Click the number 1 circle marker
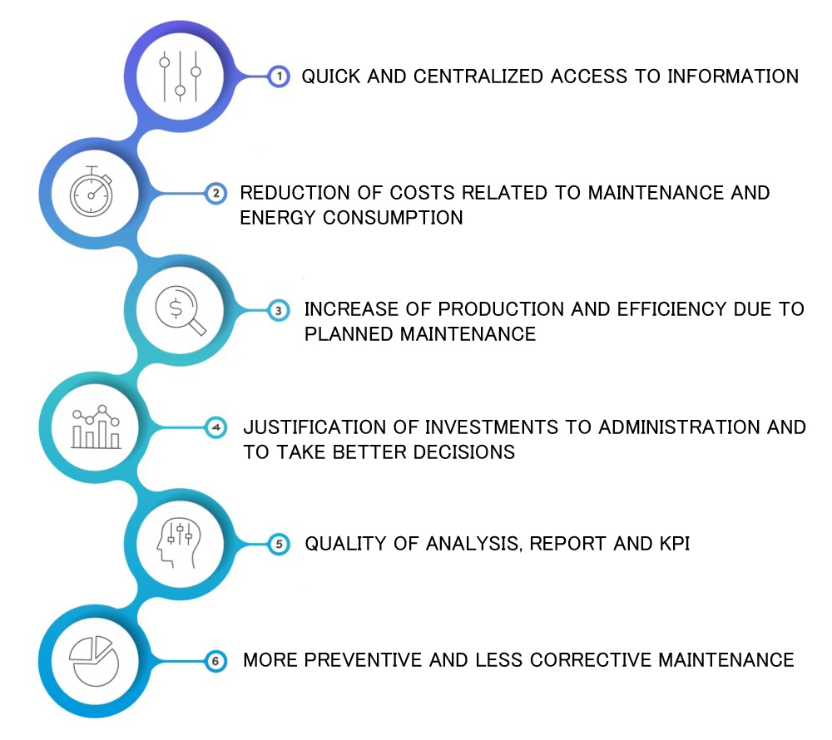[279, 76]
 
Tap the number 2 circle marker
[215, 194]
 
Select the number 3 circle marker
[279, 310]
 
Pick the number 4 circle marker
[215, 427]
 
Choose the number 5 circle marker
[279, 544]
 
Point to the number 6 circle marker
[215, 661]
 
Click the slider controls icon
[181, 76]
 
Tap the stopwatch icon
[92, 191]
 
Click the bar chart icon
[96, 427]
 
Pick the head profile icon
[179, 543]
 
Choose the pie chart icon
[94, 661]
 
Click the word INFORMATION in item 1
[733, 76]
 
